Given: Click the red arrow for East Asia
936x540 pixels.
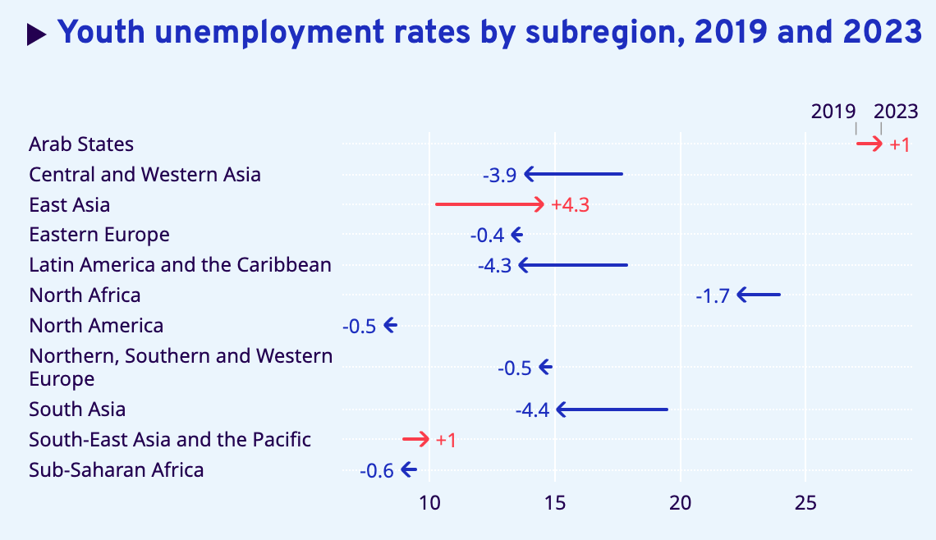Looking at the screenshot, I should coord(489,204).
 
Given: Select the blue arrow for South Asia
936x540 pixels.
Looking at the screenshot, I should coord(612,410).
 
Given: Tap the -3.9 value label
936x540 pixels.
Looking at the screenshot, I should coord(499,175).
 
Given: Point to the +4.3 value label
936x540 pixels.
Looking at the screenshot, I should coord(571,205).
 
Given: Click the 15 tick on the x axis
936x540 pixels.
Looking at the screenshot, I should coord(555,503).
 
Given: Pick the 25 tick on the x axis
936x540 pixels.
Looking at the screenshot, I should coord(805,503).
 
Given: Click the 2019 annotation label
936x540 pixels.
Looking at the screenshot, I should coord(833,112).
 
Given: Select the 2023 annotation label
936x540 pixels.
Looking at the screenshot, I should coord(896,112).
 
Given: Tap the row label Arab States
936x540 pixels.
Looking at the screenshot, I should coord(81,144).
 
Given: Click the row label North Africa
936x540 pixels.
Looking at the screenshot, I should coord(85,295).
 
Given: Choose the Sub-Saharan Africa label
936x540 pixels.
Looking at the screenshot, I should coord(116,470).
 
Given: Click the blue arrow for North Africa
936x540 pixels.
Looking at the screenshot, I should coord(759,295).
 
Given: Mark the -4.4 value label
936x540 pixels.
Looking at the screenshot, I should coord(532,410).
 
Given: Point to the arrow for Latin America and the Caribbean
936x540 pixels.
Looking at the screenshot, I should coord(573,265).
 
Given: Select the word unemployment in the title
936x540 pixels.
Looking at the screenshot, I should coord(265,34).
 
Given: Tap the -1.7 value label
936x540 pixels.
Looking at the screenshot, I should coord(713,295).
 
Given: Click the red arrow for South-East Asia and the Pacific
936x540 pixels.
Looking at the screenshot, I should coord(415,439).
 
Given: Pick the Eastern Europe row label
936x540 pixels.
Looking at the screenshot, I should coord(99,235).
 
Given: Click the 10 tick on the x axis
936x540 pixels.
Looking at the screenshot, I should coord(429,503).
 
